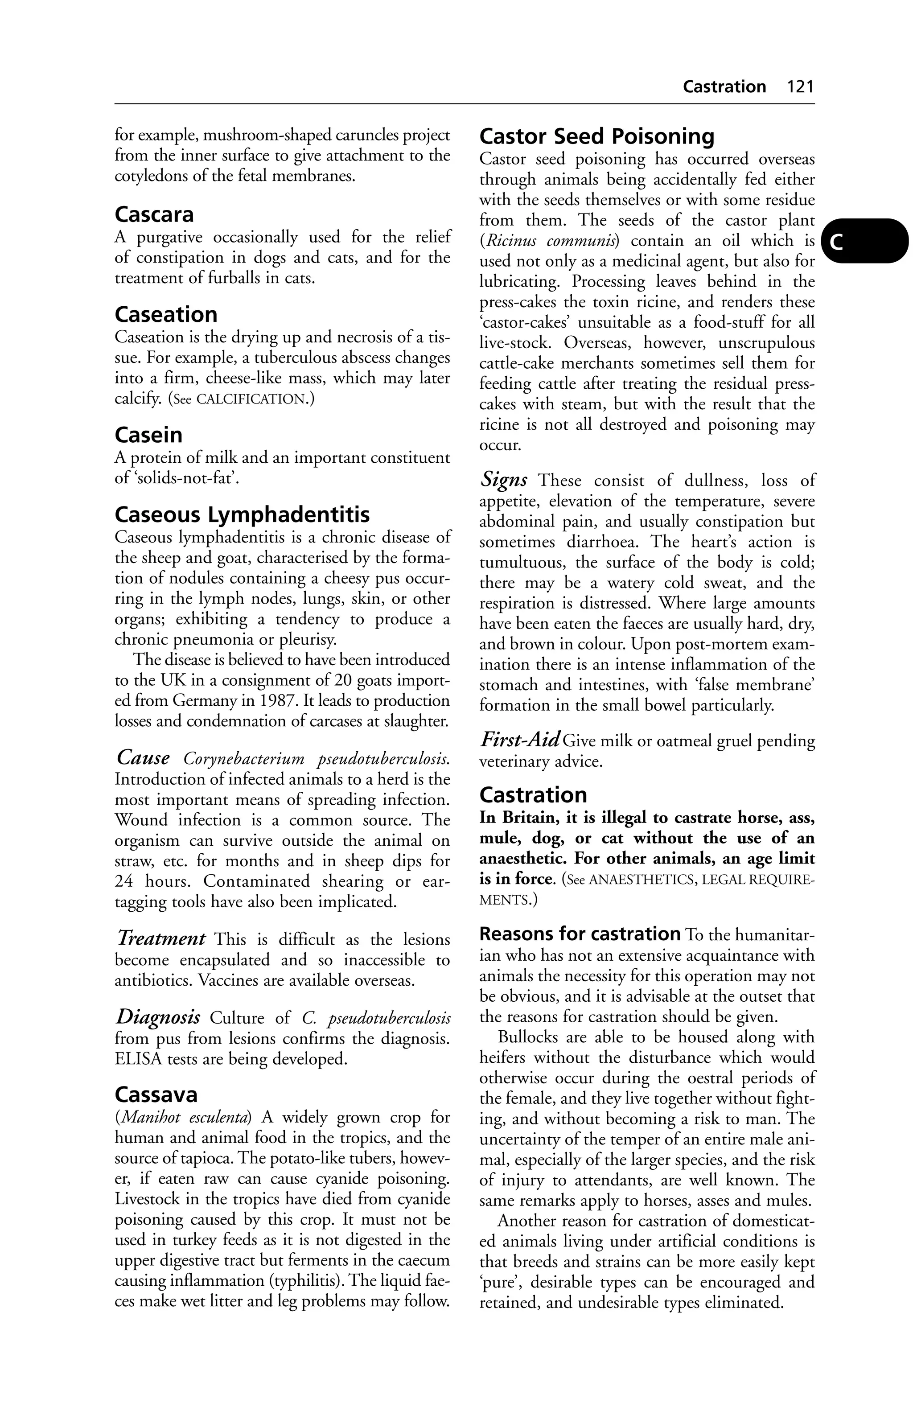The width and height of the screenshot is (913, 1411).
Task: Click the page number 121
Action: pyautogui.click(x=800, y=87)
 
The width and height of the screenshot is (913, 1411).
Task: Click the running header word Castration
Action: pyautogui.click(x=724, y=87)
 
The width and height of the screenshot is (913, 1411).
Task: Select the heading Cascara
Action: pyautogui.click(x=154, y=214)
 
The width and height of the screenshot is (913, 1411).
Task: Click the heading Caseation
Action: pyautogui.click(x=165, y=314)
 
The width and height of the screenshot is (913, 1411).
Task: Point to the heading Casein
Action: pyautogui.click(x=148, y=435)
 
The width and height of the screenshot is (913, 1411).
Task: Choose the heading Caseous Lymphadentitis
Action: pyautogui.click(x=242, y=514)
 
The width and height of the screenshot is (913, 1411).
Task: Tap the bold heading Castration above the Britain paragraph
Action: pyautogui.click(x=532, y=795)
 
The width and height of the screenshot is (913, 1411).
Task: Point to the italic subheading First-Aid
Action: pyautogui.click(x=519, y=740)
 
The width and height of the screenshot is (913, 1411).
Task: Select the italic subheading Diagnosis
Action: pyautogui.click(x=158, y=1017)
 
